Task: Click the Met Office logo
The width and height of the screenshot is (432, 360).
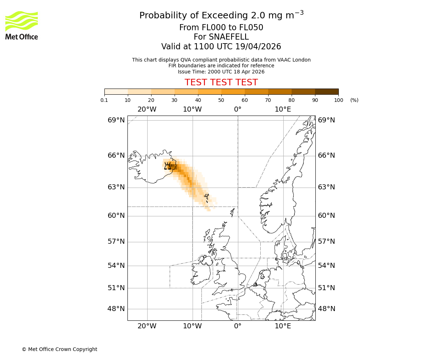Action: pyautogui.click(x=22, y=25)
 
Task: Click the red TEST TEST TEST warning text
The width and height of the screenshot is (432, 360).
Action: pyautogui.click(x=221, y=82)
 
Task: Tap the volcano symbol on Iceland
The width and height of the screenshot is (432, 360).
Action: pyautogui.click(x=167, y=166)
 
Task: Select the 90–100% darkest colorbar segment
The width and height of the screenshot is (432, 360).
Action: pyautogui.click(x=327, y=92)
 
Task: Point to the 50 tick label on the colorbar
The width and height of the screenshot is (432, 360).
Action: pyautogui.click(x=221, y=100)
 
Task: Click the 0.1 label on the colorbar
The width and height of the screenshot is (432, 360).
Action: pyautogui.click(x=104, y=100)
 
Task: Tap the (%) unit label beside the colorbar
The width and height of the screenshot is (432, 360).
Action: pyautogui.click(x=354, y=100)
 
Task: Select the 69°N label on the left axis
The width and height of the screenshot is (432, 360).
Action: pyautogui.click(x=116, y=120)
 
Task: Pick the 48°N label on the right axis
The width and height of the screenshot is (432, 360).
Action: pyautogui.click(x=326, y=309)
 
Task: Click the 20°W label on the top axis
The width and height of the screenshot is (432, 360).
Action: pyautogui.click(x=147, y=109)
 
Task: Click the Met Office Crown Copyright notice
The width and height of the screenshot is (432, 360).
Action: pyautogui.click(x=59, y=349)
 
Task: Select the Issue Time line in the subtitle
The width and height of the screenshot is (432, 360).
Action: pyautogui.click(x=221, y=72)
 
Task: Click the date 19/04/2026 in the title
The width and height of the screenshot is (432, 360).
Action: pyautogui.click(x=258, y=47)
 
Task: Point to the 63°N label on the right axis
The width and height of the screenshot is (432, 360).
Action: pyautogui.click(x=326, y=187)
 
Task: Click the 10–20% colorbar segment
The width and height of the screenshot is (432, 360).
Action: pyautogui.click(x=139, y=92)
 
